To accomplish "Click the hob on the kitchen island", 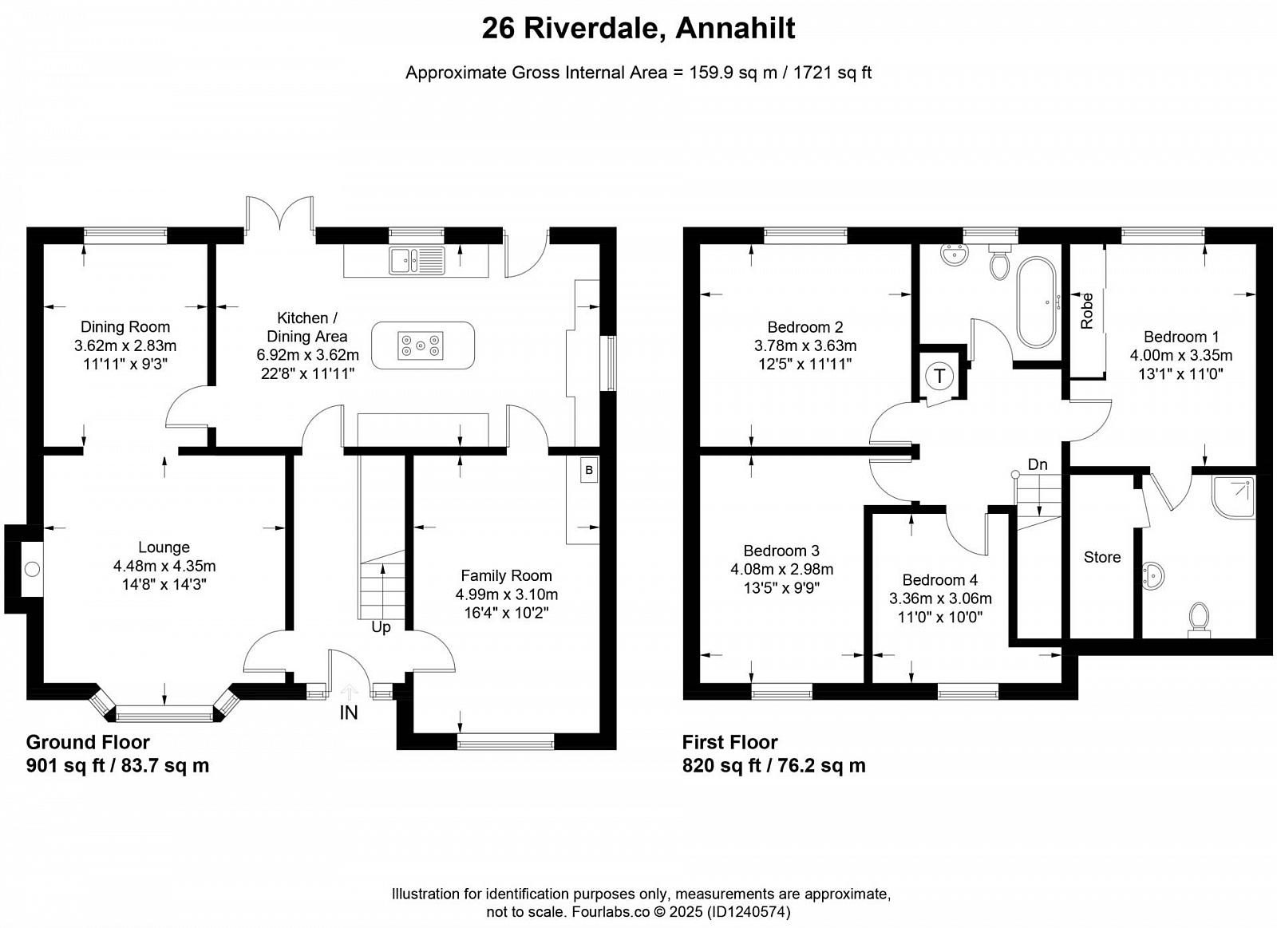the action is point(420,346).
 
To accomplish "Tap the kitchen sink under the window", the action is point(417,261).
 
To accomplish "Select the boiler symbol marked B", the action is point(589,470).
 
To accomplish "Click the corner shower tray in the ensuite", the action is point(1233,498).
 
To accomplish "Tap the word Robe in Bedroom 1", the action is point(1086,310).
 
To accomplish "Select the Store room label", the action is point(1102,557).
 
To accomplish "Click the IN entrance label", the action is point(348,712).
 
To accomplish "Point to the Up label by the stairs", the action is point(381,628).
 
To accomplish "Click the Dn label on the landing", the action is point(1038,464).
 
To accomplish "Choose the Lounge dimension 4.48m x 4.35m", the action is point(164,566).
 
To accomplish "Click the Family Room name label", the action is point(506,576).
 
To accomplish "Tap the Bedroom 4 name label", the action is point(940,580).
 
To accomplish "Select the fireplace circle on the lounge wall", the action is point(33,568).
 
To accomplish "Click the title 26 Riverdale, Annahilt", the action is point(638,29).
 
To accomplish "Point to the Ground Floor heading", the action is point(88,742).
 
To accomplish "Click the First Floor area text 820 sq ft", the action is point(722,765).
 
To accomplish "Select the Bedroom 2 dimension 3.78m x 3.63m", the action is point(805,346).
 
